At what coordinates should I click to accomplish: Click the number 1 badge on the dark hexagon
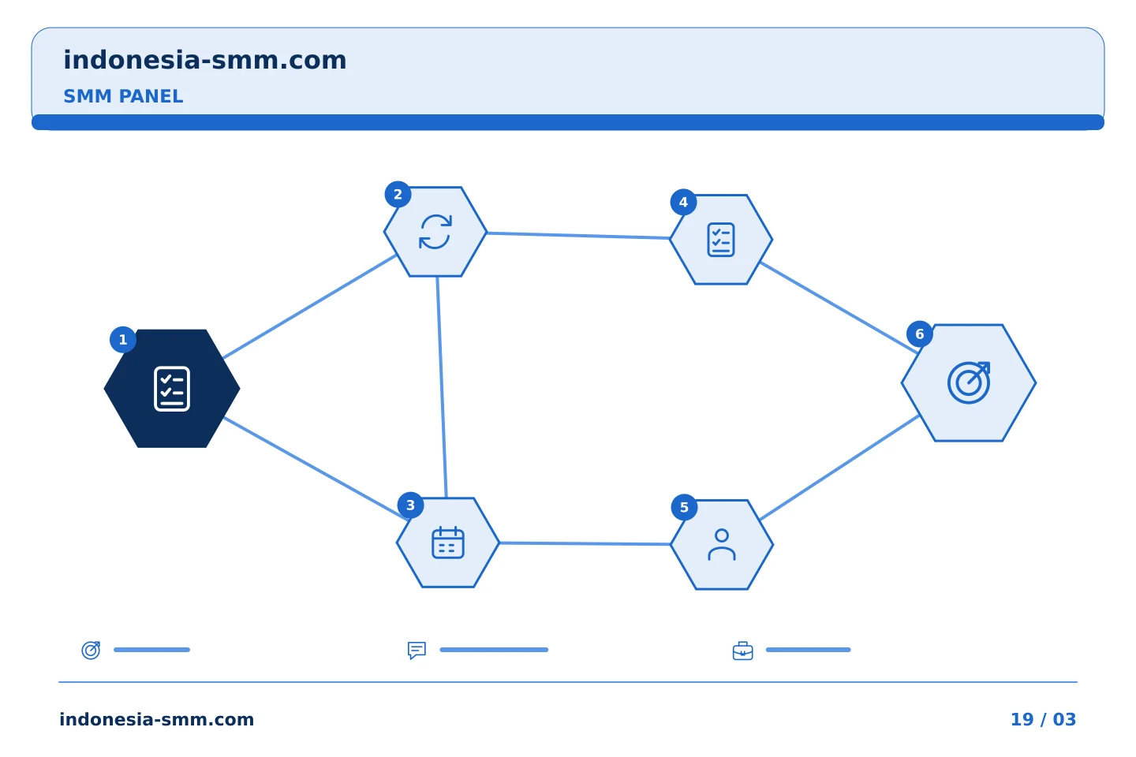point(123,340)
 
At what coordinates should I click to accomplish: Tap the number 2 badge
point(398,194)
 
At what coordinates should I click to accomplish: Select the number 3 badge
point(411,505)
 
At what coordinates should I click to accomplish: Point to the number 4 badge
point(684,203)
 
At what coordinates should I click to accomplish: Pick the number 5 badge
point(684,508)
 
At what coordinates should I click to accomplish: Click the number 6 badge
point(920,334)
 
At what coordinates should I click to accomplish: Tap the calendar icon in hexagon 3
point(448,543)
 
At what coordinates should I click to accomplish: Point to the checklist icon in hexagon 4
point(721,240)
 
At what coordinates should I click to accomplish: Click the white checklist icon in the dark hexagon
point(172,389)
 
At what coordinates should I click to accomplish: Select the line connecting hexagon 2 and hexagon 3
point(442,387)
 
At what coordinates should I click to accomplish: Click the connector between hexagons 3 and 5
point(585,543)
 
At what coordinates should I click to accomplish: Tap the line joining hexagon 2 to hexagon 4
point(579,235)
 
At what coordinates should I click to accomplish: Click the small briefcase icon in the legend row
point(743,651)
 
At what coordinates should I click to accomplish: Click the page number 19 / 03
point(1043,719)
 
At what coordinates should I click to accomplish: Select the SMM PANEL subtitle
point(123,96)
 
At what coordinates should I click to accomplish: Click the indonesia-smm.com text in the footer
point(157,719)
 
